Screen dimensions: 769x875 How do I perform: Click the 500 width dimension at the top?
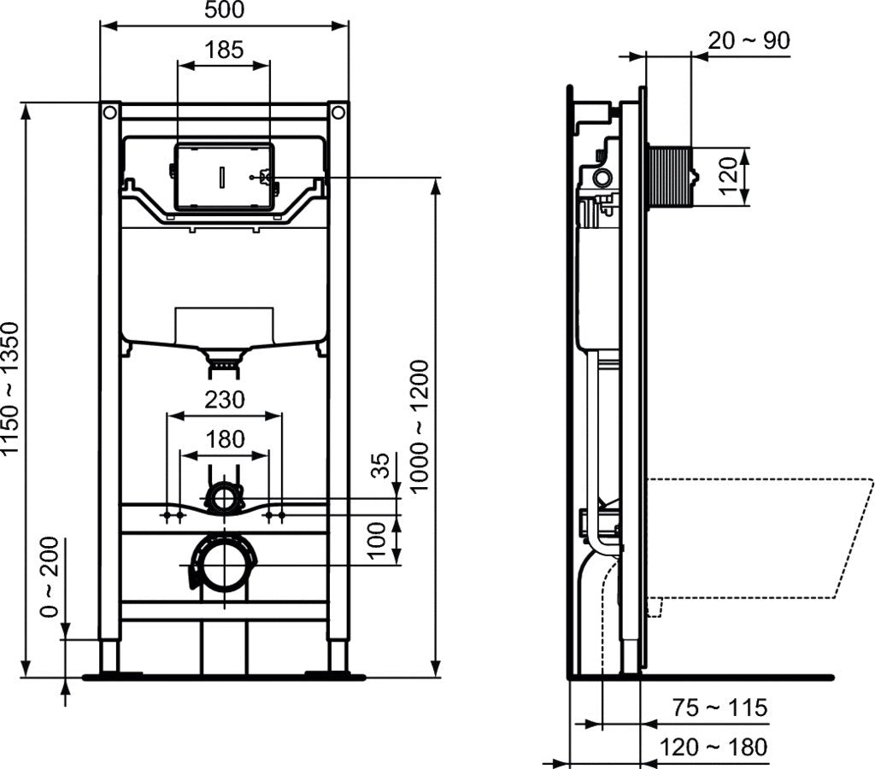(x=225, y=10)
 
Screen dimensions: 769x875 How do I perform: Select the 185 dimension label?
(x=225, y=49)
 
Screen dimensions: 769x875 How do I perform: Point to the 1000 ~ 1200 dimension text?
(x=419, y=426)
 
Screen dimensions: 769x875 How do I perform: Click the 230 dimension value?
(x=224, y=400)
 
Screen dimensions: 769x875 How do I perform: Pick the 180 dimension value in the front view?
(x=224, y=439)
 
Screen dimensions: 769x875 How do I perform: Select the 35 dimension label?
(x=382, y=466)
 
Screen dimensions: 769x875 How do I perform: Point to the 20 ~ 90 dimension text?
(x=750, y=40)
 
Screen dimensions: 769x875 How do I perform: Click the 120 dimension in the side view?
(x=728, y=177)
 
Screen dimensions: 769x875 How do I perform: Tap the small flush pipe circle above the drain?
(x=224, y=497)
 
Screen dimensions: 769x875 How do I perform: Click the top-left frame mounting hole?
(x=109, y=112)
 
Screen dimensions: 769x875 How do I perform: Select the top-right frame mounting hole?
(x=338, y=112)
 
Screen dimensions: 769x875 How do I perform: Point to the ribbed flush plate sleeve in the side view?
(x=669, y=177)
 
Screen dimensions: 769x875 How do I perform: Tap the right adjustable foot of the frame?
(x=338, y=656)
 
